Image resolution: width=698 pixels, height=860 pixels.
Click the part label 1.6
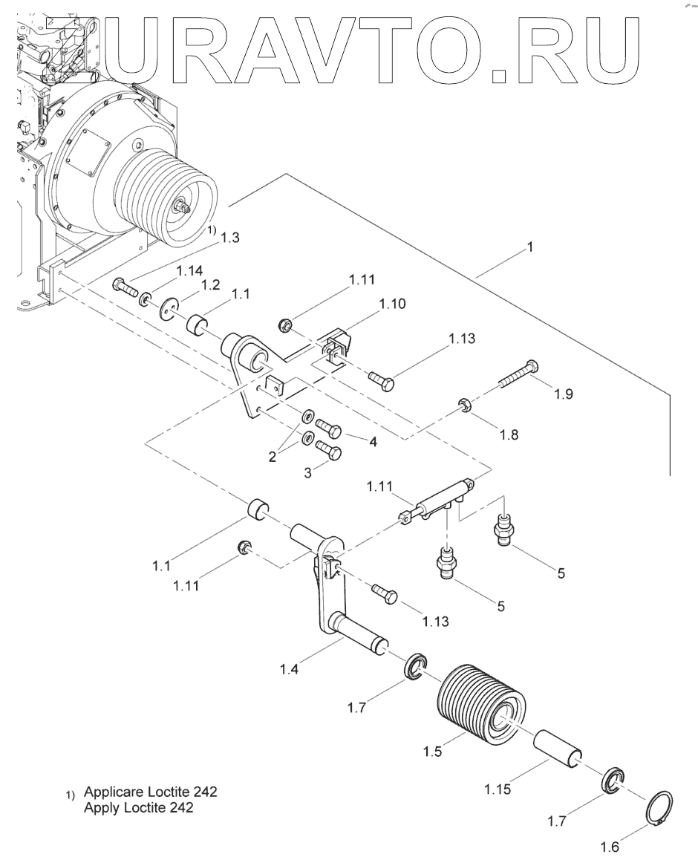[x=610, y=847]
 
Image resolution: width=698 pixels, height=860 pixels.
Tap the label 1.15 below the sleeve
[x=498, y=789]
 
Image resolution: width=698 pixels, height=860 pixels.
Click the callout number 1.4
[x=289, y=669]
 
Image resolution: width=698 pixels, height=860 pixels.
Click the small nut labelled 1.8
[x=465, y=406]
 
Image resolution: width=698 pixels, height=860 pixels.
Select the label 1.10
[x=392, y=303]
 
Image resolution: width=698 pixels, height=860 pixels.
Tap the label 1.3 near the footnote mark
[x=230, y=237]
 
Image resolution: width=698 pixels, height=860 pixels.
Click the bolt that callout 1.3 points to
[x=125, y=287]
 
